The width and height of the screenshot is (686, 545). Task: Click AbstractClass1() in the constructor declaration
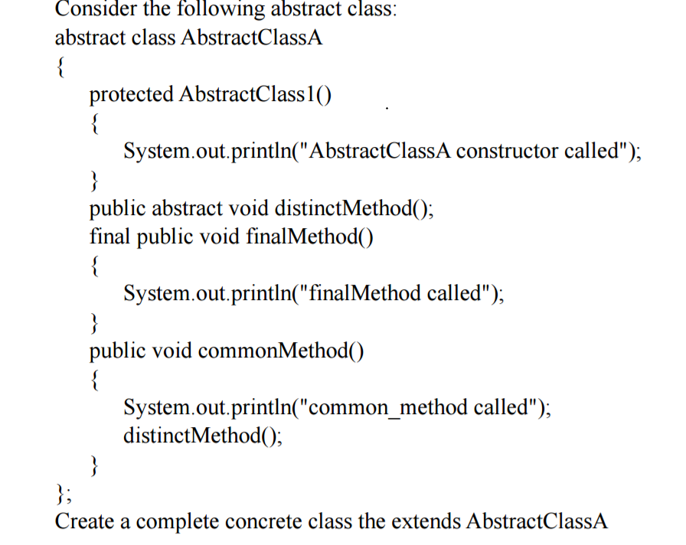[x=255, y=94]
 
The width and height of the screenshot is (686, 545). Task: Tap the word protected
[x=131, y=95]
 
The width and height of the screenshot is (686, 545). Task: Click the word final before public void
[x=109, y=237]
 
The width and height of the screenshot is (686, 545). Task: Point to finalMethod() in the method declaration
[x=309, y=237]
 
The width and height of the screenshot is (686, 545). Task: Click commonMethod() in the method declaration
[x=280, y=351]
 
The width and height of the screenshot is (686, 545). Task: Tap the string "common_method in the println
[x=387, y=408]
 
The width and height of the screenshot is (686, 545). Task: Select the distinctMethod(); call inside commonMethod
[x=203, y=436]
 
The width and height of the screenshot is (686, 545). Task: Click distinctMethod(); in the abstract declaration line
[x=354, y=208]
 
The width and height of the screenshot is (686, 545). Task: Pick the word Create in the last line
[x=84, y=521]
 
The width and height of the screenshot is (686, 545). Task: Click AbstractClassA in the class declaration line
[x=252, y=38]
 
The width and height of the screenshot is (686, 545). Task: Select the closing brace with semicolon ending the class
[x=64, y=494]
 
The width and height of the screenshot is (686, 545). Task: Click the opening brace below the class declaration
[x=60, y=67]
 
